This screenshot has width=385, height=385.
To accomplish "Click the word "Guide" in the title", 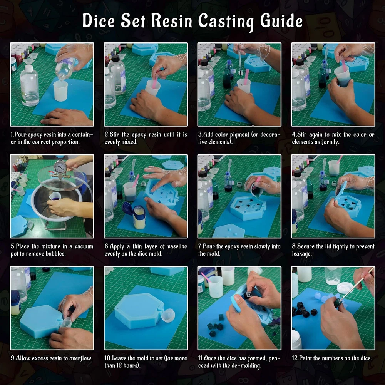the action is tap(281, 21).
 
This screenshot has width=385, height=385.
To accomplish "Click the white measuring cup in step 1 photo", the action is tap(60, 90).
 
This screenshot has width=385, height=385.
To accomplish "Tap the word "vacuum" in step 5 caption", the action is tap(84, 246).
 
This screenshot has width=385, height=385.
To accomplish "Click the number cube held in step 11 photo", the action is tap(248, 295).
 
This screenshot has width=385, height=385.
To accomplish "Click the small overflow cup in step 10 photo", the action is tap(168, 315).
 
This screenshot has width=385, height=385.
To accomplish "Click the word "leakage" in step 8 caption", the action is tap(301, 254).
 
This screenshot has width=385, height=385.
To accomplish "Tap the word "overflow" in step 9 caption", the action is tap(81, 358).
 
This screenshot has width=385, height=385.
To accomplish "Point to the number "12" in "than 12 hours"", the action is tap(119, 366).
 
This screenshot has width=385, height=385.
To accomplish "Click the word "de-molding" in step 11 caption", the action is tap(247, 366).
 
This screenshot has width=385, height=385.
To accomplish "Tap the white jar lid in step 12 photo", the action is tap(345, 288).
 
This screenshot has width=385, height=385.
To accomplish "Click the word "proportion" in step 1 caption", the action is tap(66, 142).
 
